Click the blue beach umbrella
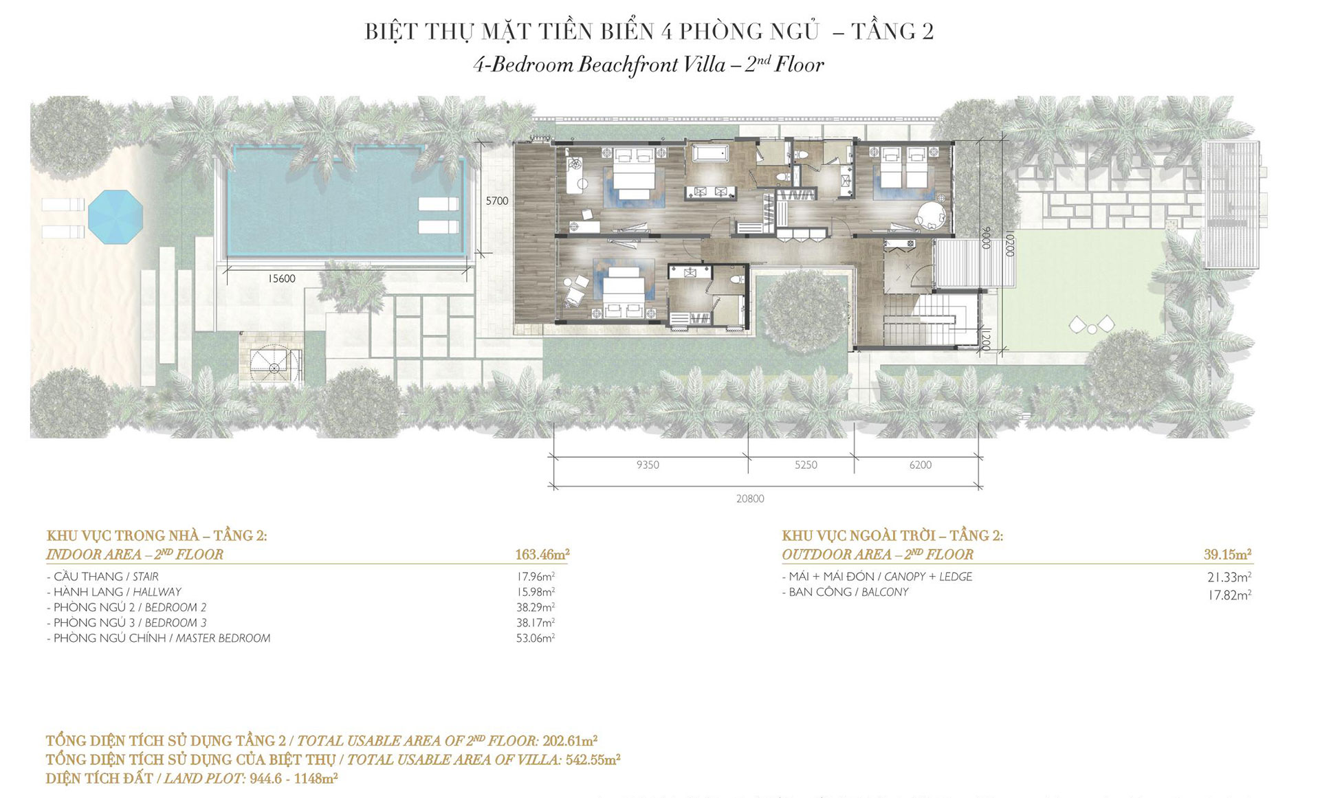115,217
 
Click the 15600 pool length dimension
281,278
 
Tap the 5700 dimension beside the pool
497,201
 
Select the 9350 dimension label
648,465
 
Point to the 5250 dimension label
806,465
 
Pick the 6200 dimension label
920,465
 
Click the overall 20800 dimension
750,498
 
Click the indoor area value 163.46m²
542,554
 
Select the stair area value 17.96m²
536,577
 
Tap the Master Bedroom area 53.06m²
536,638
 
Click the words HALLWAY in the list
157,592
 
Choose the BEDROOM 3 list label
175,623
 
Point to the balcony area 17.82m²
1229,595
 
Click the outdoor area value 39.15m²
1227,554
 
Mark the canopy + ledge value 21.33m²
1229,577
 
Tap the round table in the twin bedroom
931,214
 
